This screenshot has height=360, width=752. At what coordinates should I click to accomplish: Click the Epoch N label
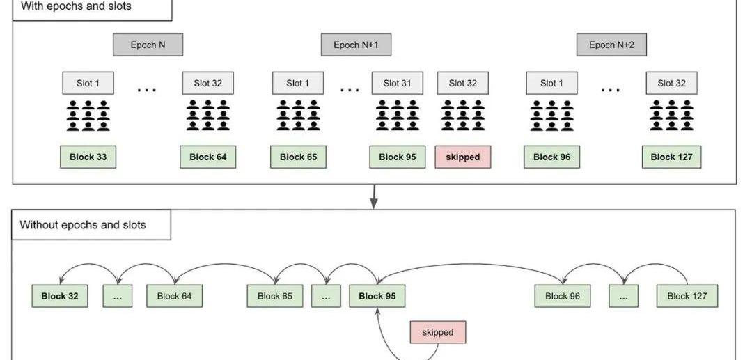tap(148, 45)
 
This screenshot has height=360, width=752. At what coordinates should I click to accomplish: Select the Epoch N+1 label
tap(356, 45)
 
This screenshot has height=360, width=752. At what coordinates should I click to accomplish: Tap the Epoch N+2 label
tap(611, 45)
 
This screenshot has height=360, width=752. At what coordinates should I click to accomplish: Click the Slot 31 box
tap(397, 84)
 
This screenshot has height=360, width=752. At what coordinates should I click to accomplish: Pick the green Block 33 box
tap(88, 157)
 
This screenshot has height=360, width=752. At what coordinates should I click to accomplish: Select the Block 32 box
tap(60, 296)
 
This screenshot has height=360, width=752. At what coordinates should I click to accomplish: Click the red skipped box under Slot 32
tap(463, 157)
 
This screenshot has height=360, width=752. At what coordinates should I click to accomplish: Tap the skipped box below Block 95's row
tap(438, 332)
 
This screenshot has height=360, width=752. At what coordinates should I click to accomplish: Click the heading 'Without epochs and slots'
tap(83, 225)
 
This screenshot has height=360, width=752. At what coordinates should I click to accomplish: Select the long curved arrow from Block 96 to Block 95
tap(473, 263)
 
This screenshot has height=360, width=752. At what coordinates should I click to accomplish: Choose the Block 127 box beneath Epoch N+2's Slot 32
tap(672, 157)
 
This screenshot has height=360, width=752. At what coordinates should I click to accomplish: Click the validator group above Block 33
tap(88, 116)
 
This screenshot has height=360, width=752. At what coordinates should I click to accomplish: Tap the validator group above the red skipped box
tap(463, 116)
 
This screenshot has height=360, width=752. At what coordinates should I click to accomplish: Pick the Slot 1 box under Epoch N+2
tap(551, 84)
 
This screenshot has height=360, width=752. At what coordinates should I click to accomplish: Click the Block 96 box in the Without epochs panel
tap(561, 296)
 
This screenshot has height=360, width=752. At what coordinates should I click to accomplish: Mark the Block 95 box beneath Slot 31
tap(397, 157)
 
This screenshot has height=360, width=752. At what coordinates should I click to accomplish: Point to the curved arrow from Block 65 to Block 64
tap(226, 265)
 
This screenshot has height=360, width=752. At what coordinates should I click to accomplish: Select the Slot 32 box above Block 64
tap(207, 84)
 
